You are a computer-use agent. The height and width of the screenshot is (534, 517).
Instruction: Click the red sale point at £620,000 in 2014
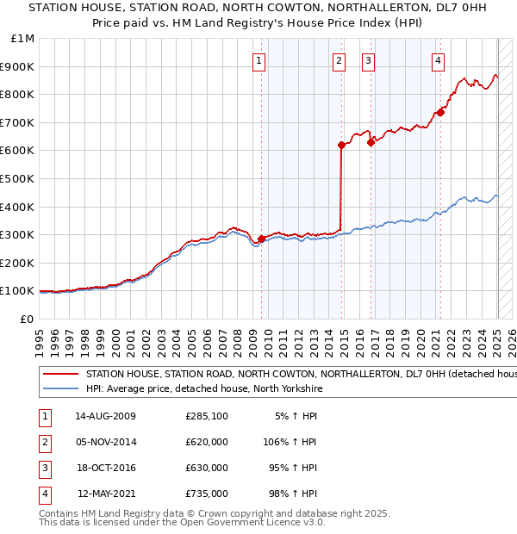pos(341,146)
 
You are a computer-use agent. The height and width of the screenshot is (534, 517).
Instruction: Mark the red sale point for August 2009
pos(261,239)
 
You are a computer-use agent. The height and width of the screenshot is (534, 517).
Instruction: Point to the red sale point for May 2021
pos(440,112)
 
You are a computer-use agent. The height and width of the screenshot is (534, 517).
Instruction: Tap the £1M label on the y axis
pos(23,39)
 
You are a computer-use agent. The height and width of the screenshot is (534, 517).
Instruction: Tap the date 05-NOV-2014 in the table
pos(107,442)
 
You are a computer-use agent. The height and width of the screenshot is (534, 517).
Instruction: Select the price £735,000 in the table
pos(207,494)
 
